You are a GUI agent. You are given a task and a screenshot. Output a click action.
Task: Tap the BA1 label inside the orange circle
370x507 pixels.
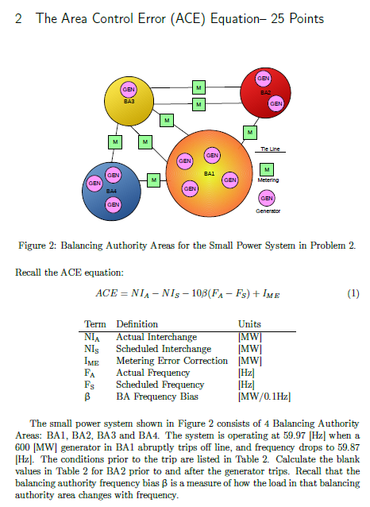(x=209, y=172)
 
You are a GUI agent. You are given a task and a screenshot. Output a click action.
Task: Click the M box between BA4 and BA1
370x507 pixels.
(x=154, y=180)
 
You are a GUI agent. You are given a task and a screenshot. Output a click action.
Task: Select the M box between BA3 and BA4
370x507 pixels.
(x=115, y=141)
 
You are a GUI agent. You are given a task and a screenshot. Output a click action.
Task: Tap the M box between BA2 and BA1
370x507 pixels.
(x=250, y=131)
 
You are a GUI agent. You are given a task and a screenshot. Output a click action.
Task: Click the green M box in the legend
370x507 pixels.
(x=267, y=169)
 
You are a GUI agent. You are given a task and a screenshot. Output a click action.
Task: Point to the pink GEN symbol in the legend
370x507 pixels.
(x=267, y=198)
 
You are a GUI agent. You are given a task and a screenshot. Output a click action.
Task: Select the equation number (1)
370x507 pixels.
(x=354, y=293)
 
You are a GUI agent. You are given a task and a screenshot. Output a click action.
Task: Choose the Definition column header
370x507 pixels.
(x=137, y=324)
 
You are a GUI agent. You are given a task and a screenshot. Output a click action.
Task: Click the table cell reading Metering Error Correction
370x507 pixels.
(x=164, y=360)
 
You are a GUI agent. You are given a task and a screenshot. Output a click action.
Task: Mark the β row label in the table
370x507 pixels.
(x=89, y=396)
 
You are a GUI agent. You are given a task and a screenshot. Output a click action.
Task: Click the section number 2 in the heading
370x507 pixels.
(x=18, y=17)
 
